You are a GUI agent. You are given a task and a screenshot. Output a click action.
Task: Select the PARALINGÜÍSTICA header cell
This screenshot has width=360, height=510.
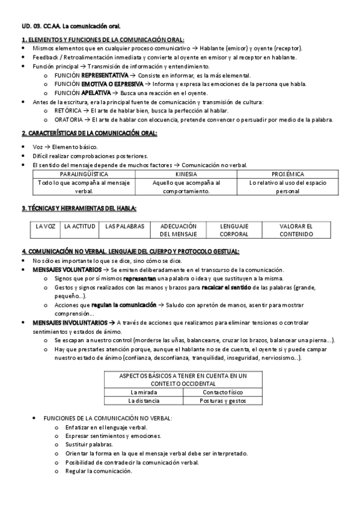(x=84, y=174)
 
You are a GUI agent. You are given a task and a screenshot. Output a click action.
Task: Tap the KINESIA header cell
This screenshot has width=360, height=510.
(x=186, y=174)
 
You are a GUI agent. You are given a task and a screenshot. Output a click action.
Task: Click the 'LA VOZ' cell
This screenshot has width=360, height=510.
(x=46, y=226)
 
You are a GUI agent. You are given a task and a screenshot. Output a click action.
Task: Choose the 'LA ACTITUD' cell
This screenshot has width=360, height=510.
(x=80, y=226)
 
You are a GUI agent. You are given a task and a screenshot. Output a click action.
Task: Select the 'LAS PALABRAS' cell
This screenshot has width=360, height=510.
(x=124, y=226)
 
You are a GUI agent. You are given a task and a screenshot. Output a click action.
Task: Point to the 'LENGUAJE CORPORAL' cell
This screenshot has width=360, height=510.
(x=234, y=230)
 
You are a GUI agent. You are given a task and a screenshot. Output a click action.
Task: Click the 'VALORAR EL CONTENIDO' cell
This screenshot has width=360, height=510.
(x=296, y=230)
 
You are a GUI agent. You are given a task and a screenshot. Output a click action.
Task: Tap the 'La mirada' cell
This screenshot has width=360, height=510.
(x=143, y=392)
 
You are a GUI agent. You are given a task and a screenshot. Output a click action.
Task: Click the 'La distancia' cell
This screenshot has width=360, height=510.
(x=143, y=400)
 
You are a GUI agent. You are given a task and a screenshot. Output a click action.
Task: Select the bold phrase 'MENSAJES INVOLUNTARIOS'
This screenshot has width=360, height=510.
(x=65, y=323)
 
